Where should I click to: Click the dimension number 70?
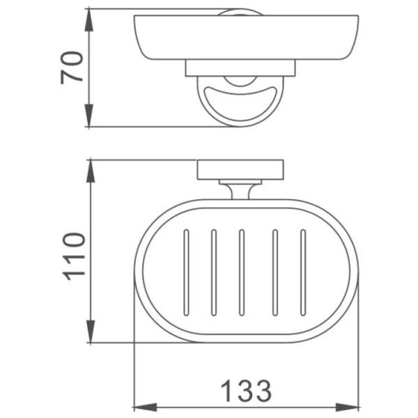tap(72, 67)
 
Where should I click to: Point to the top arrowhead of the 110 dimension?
tap(91, 169)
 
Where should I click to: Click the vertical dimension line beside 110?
tap(91, 209)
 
